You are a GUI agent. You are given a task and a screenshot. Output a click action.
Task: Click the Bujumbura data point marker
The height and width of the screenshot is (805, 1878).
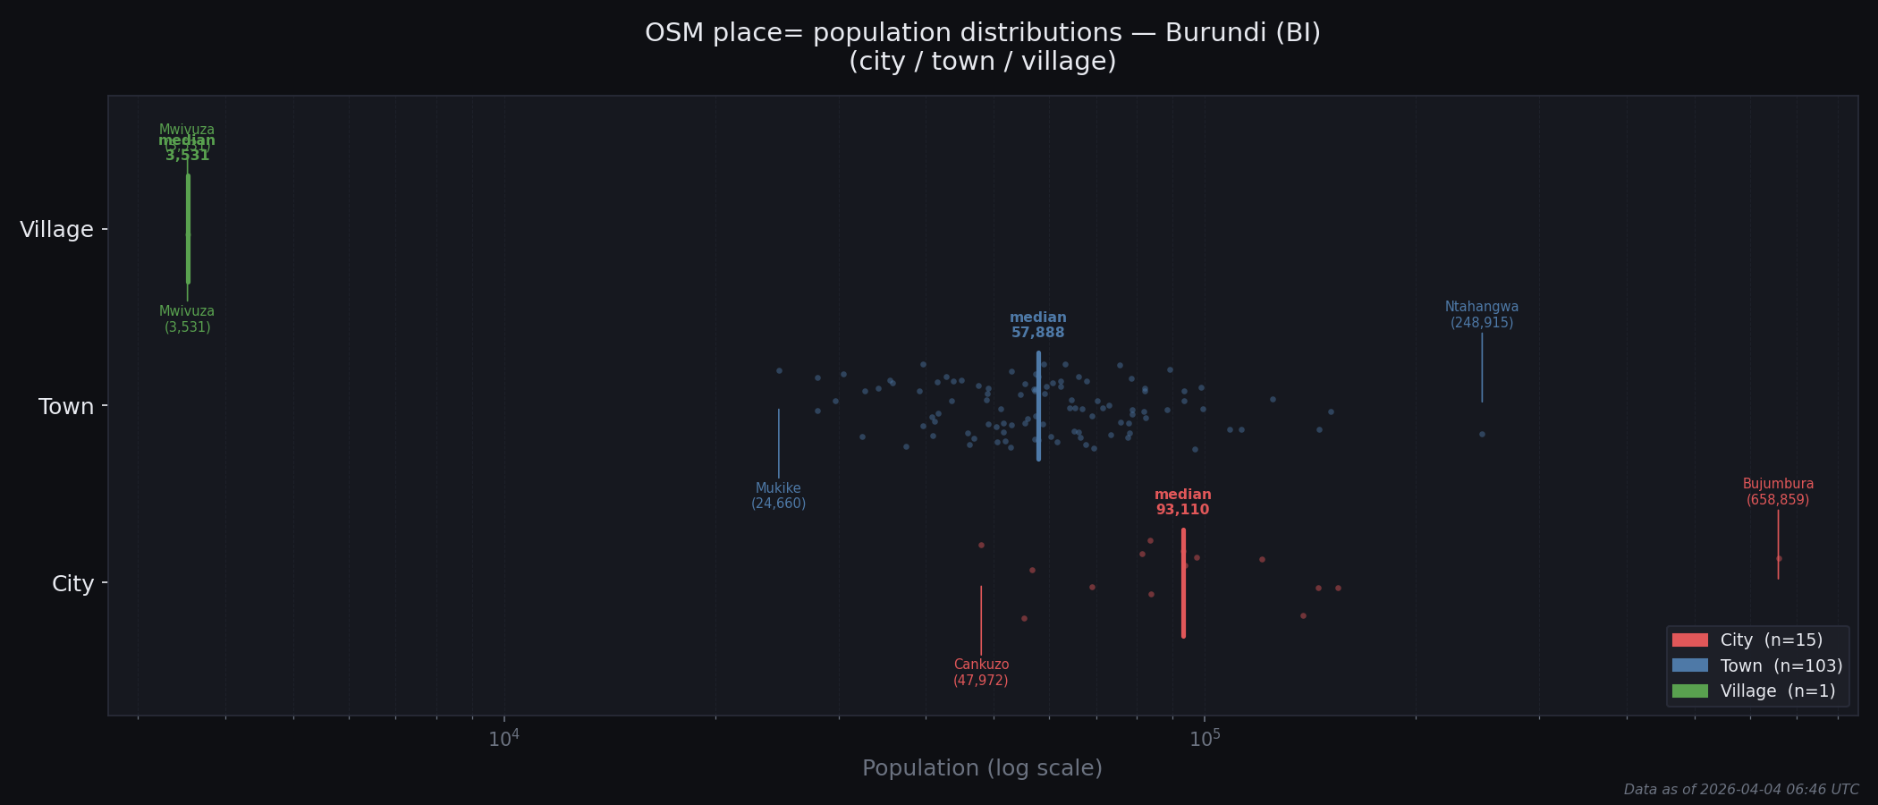click(1779, 558)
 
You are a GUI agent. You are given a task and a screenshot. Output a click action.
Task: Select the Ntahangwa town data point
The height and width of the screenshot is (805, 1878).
click(1482, 434)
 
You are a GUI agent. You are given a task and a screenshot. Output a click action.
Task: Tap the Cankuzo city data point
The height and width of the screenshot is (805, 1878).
click(981, 545)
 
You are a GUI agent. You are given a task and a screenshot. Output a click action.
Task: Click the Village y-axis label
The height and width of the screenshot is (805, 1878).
click(56, 230)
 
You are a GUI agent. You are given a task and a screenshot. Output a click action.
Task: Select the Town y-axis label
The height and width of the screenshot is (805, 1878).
click(66, 407)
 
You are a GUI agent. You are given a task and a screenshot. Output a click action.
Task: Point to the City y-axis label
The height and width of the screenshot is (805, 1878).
click(72, 584)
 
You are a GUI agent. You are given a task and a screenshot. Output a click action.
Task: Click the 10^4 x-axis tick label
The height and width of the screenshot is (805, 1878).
click(503, 738)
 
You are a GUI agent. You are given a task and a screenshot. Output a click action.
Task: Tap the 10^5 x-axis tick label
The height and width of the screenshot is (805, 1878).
click(1204, 738)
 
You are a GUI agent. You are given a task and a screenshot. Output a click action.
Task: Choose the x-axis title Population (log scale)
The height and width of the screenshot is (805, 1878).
click(982, 768)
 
